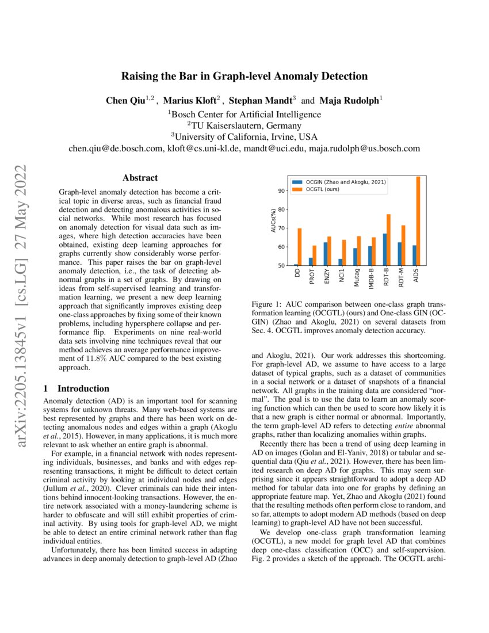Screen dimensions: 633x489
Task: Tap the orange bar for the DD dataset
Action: [299, 247]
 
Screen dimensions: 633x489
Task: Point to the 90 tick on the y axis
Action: [280, 190]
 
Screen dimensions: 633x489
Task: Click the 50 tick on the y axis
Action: [280, 266]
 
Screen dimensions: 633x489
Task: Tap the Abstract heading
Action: [140, 178]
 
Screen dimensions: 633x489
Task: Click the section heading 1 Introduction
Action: [77, 388]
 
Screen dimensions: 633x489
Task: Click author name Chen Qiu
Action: [125, 101]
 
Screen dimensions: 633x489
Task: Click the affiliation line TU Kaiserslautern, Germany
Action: [244, 125]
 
